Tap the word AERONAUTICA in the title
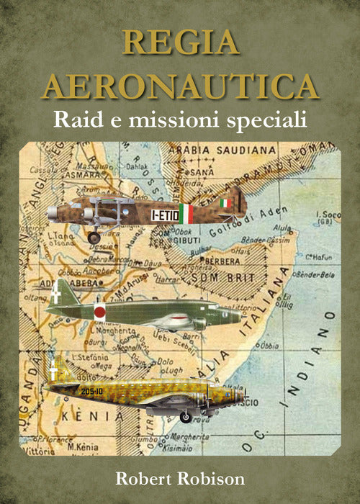coord(180,86)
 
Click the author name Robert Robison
coord(180,478)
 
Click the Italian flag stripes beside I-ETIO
coord(186,213)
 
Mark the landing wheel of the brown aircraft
coord(94,236)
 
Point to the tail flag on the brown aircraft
coord(226,203)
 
